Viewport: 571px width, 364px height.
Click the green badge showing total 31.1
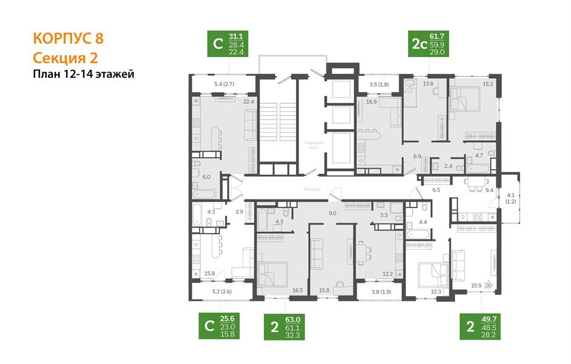[x=228, y=44]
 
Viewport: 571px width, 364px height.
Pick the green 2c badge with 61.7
[x=428, y=44]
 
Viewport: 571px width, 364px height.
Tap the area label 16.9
[x=372, y=102]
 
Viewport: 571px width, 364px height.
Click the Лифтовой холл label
[x=313, y=144]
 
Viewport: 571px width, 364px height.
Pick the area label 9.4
[x=488, y=190]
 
